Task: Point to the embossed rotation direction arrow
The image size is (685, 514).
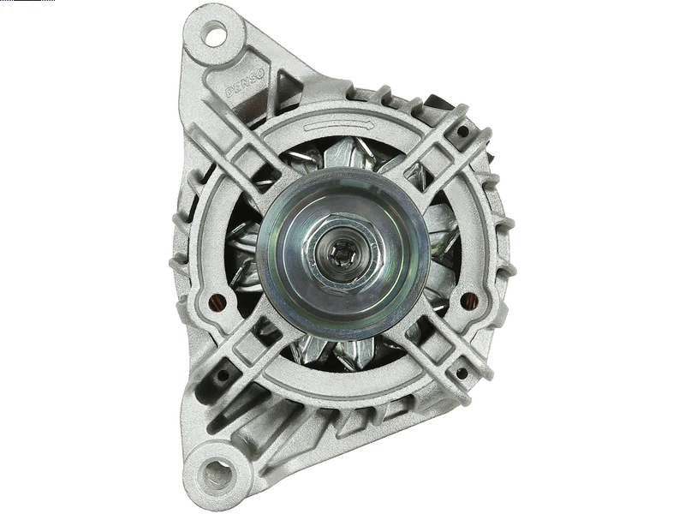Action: coord(339,126)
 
